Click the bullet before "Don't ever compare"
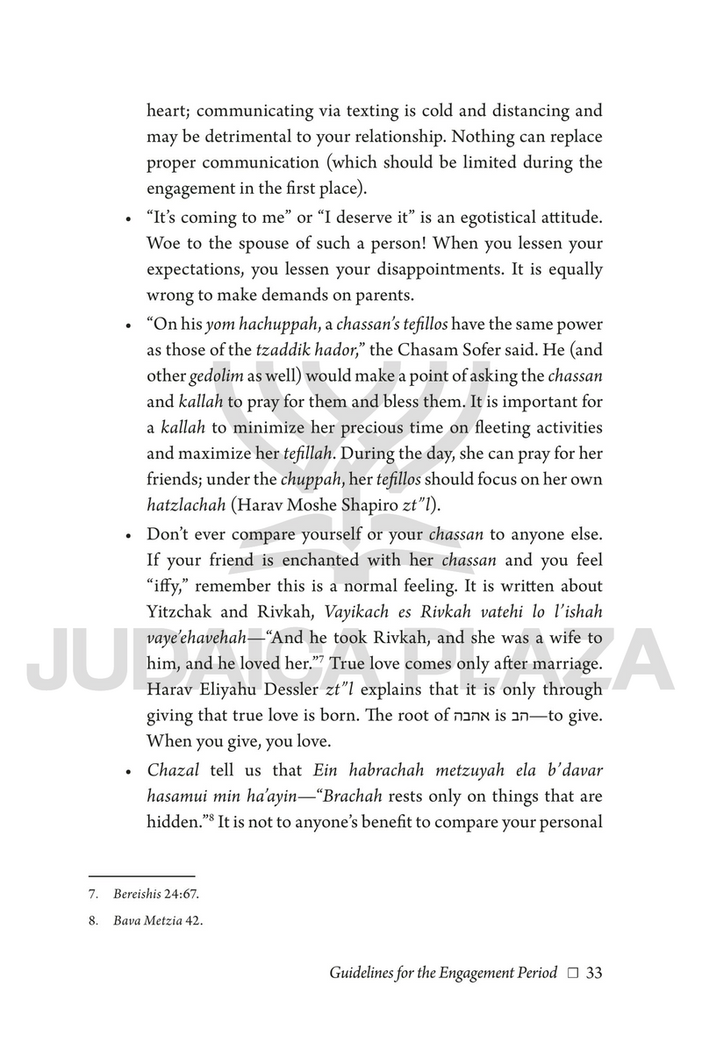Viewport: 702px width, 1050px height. (x=128, y=534)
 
